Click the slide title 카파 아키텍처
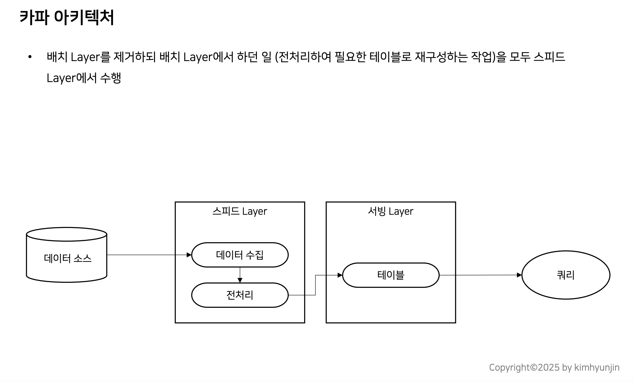pyautogui.click(x=67, y=17)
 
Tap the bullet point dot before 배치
pyautogui.click(x=30, y=57)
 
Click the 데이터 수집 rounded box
pyautogui.click(x=240, y=255)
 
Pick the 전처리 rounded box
pyautogui.click(x=240, y=295)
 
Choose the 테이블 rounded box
pyautogui.click(x=391, y=275)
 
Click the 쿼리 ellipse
pyautogui.click(x=566, y=275)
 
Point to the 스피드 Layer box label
pyautogui.click(x=240, y=211)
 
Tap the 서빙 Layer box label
pyautogui.click(x=391, y=211)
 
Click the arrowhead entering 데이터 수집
pyautogui.click(x=189, y=255)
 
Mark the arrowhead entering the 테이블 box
pyautogui.click(x=340, y=275)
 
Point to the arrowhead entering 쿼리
pyautogui.click(x=519, y=275)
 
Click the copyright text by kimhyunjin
pyautogui.click(x=554, y=367)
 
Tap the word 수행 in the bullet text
pyautogui.click(x=110, y=78)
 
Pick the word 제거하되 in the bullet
pyautogui.click(x=135, y=57)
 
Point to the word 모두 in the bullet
pyautogui.click(x=519, y=57)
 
